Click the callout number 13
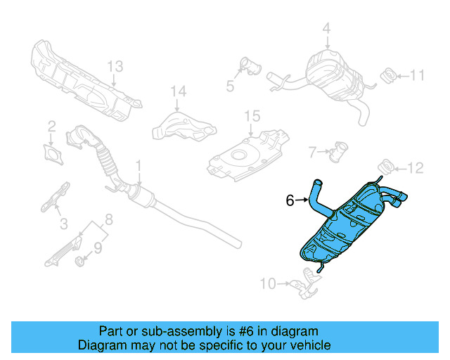coord(115,67)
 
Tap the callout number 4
coord(326,29)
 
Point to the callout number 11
coord(418,75)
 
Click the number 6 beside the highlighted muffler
coord(290,200)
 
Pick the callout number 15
coord(252,115)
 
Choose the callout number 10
coord(268,284)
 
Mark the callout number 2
coord(51,127)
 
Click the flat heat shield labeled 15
coord(246,154)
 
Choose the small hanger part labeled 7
coord(342,150)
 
